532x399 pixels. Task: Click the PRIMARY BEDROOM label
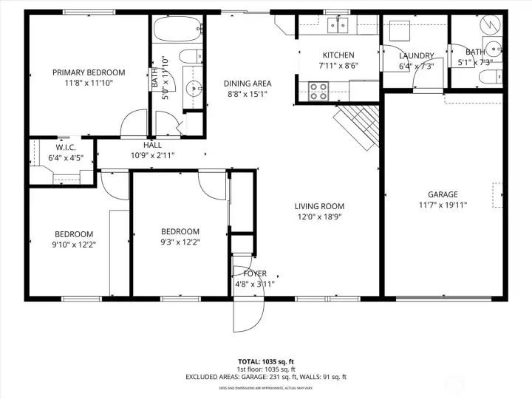tap(88, 72)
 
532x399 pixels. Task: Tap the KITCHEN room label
tap(338, 55)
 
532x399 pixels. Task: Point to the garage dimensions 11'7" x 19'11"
tap(443, 205)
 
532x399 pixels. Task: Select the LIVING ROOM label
tap(319, 206)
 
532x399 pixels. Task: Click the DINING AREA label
tap(248, 83)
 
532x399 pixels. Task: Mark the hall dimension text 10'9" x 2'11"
tap(153, 155)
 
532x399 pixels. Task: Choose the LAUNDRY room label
tap(416, 56)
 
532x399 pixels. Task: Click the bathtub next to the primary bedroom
tap(177, 32)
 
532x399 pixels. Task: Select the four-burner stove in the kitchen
tap(318, 91)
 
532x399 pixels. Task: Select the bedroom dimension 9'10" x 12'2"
tap(73, 243)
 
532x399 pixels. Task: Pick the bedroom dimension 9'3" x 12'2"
tap(180, 242)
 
